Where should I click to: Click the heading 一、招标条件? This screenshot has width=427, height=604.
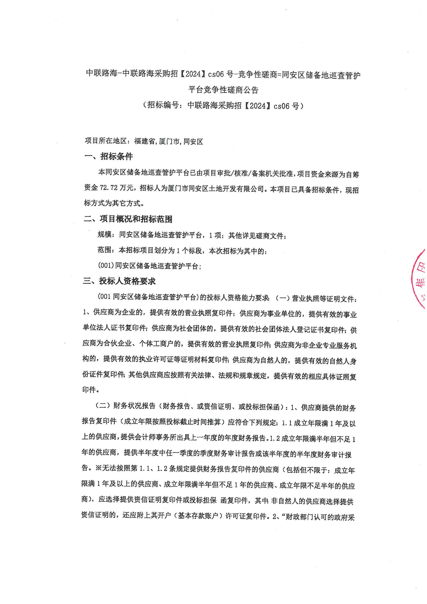click(108, 157)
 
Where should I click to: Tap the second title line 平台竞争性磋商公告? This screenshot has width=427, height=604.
click(223, 90)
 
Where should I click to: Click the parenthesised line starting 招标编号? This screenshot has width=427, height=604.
click(223, 106)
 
